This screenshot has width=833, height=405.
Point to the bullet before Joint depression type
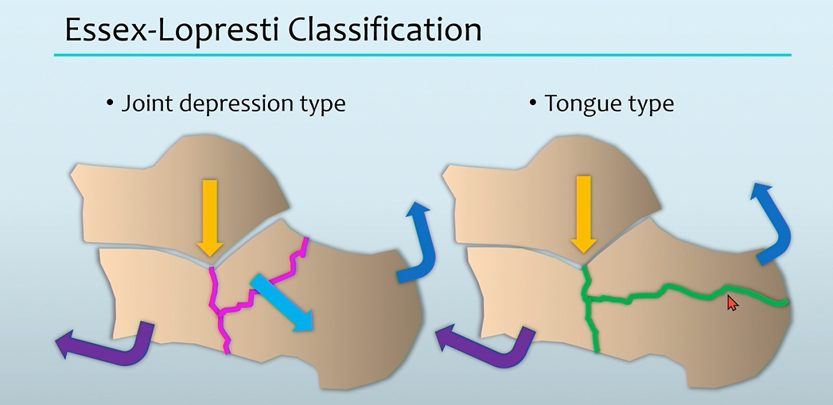(110, 104)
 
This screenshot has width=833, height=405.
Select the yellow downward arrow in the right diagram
(584, 212)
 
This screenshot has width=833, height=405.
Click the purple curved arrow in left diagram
(111, 344)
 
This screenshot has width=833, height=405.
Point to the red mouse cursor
(732, 302)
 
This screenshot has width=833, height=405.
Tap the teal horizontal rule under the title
(422, 55)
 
